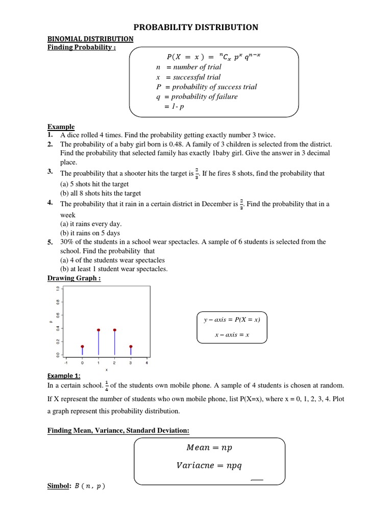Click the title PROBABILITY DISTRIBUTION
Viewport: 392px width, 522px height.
click(196, 27)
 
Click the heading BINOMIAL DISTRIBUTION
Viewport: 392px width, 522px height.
click(90, 39)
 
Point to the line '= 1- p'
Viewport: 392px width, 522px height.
click(176, 106)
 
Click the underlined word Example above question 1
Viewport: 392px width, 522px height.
click(61, 126)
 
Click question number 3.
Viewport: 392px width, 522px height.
click(51, 172)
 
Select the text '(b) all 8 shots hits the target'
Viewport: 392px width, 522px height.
click(101, 193)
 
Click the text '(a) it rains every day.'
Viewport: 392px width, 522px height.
click(91, 224)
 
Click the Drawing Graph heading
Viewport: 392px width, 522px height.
click(74, 278)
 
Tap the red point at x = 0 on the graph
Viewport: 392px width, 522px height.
click(82, 347)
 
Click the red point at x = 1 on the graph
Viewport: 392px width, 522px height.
click(99, 330)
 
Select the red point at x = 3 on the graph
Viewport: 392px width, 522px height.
click(131, 347)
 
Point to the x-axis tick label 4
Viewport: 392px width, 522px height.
click(147, 363)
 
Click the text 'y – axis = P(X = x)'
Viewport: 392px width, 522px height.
click(232, 320)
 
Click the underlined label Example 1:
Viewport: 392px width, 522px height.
click(64, 376)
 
